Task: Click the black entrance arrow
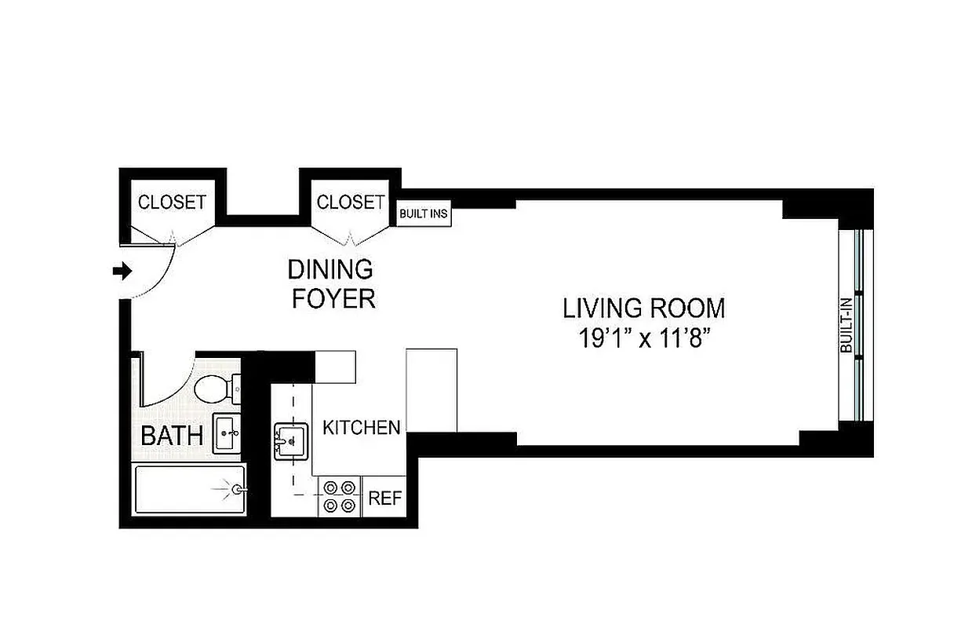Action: pyautogui.click(x=122, y=271)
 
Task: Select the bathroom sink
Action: pyautogui.click(x=228, y=433)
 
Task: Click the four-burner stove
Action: pyautogui.click(x=340, y=497)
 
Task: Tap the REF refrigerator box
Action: pyautogui.click(x=384, y=498)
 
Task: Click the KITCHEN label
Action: pyautogui.click(x=362, y=428)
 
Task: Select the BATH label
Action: pyautogui.click(x=172, y=436)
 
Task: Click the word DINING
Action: pyautogui.click(x=330, y=270)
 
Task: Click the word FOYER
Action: pyautogui.click(x=333, y=298)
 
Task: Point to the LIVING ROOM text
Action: pyautogui.click(x=643, y=308)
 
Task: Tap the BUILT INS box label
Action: pyautogui.click(x=424, y=214)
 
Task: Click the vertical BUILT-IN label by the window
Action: pyautogui.click(x=847, y=330)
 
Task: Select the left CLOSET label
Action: pyautogui.click(x=172, y=202)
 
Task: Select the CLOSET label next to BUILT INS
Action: pyautogui.click(x=350, y=202)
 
